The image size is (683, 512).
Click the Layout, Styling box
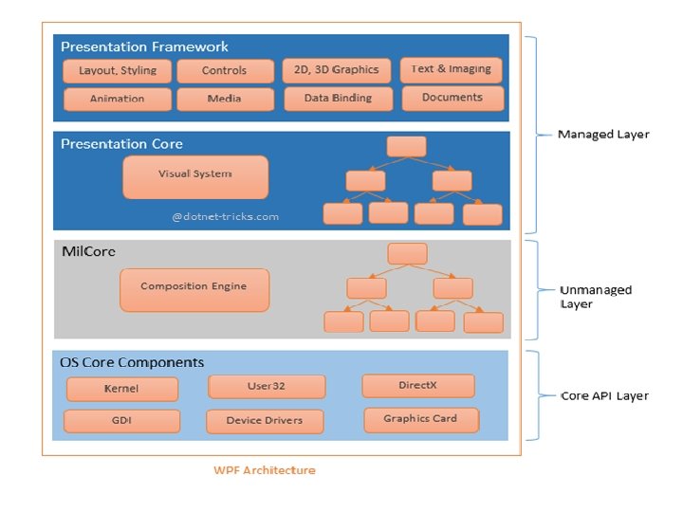coord(117,71)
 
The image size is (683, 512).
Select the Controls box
coord(224,70)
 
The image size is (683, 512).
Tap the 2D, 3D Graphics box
coord(337,69)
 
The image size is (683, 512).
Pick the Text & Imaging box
coord(451,69)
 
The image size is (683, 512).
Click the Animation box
coord(117,99)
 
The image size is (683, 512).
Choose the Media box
coord(224,99)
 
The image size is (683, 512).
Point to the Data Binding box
coord(337,98)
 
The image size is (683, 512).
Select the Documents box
coord(452,97)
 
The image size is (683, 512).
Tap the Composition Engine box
coord(194,288)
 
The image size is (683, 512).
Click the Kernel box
coord(121,389)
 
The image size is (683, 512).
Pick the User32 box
coord(267,386)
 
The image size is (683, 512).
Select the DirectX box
coord(417,386)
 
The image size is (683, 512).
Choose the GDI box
coord(121,421)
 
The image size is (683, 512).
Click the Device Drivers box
coord(265,421)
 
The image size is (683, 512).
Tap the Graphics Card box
coord(420,418)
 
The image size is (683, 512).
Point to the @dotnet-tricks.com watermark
coord(226,216)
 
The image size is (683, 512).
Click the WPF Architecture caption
coord(265,469)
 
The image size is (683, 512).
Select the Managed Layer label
coord(603,134)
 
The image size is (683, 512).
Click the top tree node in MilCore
coord(407,253)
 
